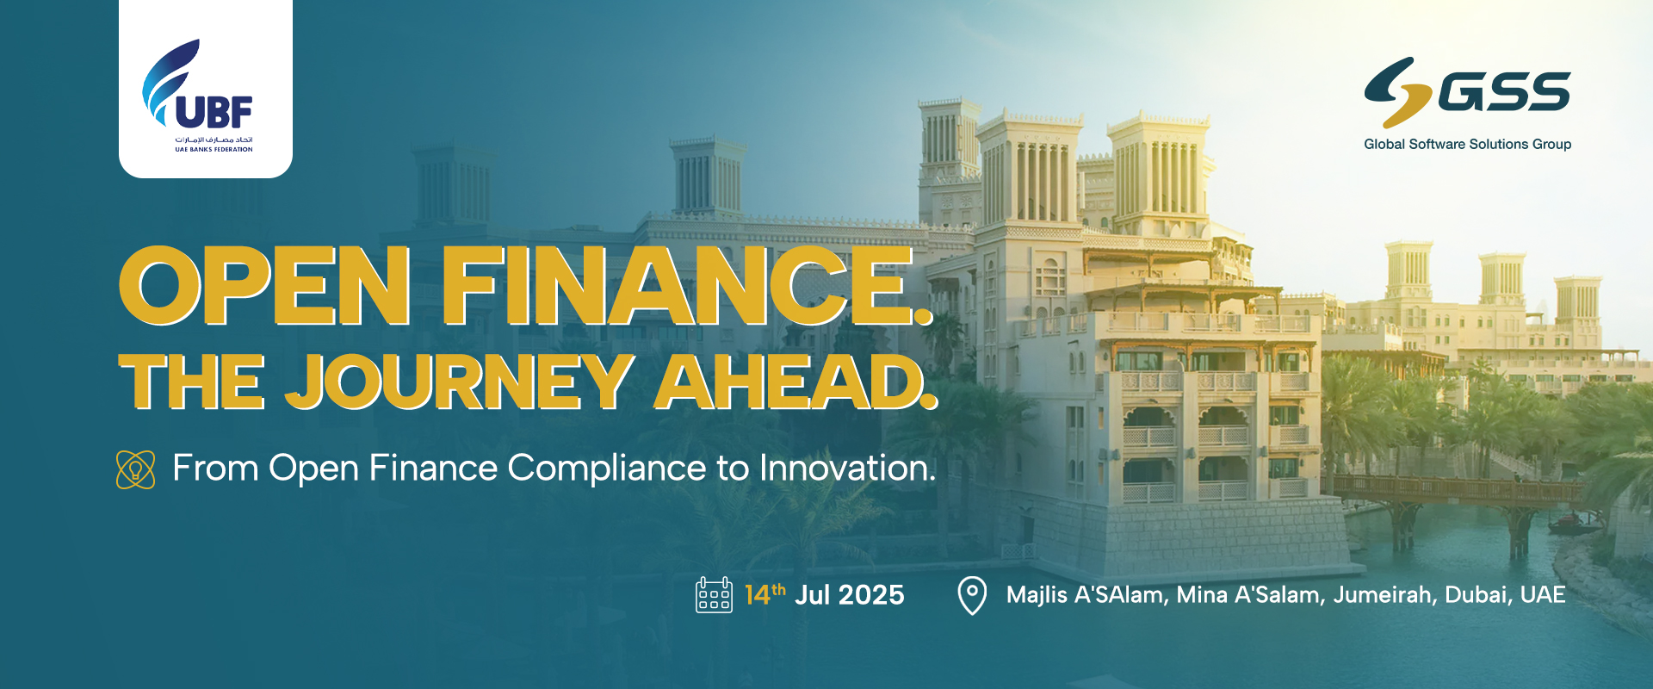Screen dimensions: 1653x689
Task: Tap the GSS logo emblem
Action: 1398,92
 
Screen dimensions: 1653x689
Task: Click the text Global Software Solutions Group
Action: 1468,144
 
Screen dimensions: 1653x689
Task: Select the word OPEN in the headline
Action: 264,286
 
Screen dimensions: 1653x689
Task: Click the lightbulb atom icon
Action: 136,469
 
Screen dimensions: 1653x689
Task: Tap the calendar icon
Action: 714,594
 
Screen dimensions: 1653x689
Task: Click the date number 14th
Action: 765,594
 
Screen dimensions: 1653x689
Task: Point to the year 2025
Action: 871,595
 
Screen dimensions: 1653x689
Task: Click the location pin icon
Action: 972,595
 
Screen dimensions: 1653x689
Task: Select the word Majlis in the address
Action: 1037,595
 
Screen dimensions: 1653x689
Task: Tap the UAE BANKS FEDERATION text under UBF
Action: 214,150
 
